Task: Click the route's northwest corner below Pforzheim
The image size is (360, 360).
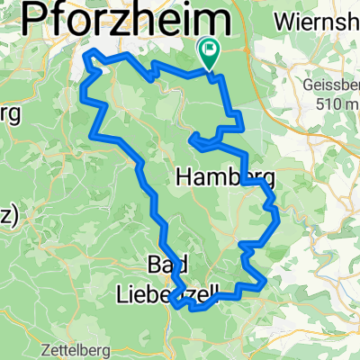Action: click(86, 56)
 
